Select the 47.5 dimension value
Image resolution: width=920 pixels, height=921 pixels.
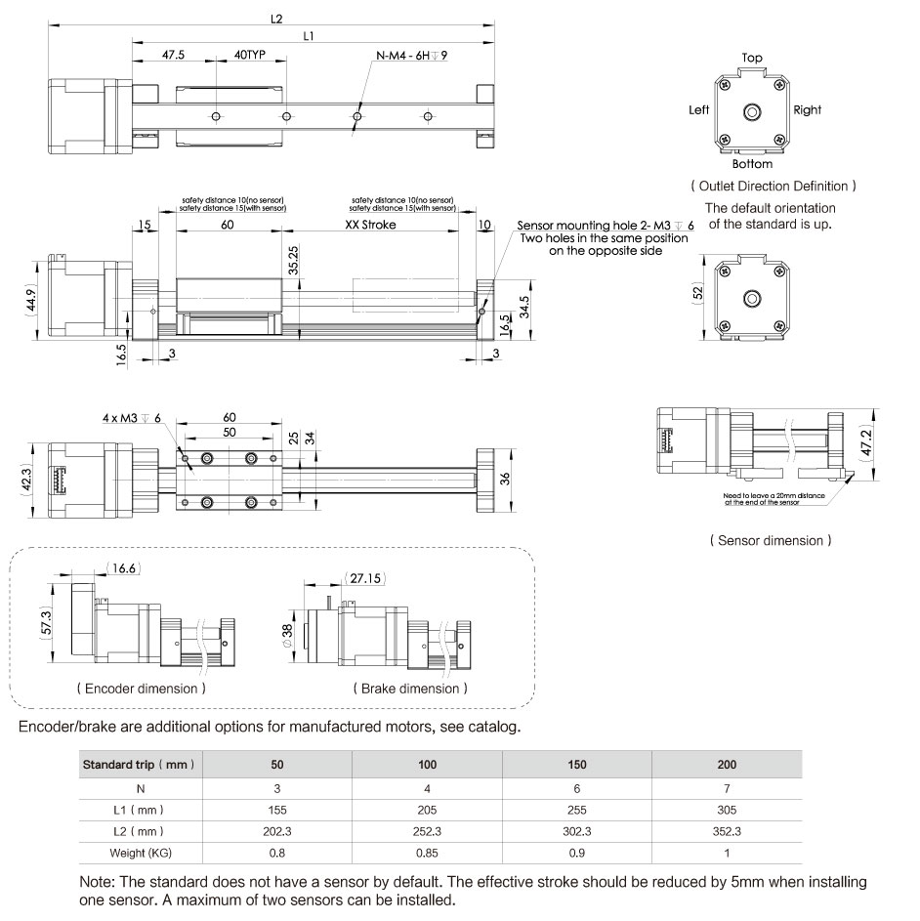[x=174, y=56]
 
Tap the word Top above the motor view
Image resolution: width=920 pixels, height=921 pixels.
[x=751, y=58]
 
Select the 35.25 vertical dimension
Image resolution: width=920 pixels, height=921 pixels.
[x=293, y=261]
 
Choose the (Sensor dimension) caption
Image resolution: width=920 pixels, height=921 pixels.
[x=772, y=539]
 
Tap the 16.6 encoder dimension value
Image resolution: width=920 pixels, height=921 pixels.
[x=123, y=566]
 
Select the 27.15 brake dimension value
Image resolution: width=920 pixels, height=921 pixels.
[x=368, y=578]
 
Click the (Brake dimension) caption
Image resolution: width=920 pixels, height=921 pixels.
[x=409, y=689]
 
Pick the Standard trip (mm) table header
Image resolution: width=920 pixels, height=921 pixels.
[x=140, y=765]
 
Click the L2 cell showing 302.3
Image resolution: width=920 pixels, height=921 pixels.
[x=576, y=832]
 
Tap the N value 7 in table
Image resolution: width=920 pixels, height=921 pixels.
[x=727, y=787]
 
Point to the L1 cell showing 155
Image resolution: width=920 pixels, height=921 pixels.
[x=277, y=810]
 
